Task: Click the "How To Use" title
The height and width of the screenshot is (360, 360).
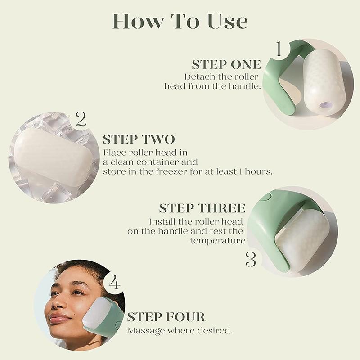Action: pyautogui.click(x=180, y=21)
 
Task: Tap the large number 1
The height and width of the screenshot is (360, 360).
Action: pyautogui.click(x=279, y=49)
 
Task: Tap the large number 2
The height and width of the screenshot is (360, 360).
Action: pyautogui.click(x=81, y=120)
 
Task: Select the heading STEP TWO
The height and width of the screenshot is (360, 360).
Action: pyautogui.click(x=139, y=139)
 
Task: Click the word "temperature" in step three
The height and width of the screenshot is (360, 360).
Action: pyautogui.click(x=217, y=241)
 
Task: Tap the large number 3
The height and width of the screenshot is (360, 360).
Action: pyautogui.click(x=251, y=260)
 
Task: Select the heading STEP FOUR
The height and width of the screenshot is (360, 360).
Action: pyautogui.click(x=166, y=317)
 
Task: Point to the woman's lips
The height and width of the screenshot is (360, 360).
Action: pyautogui.click(x=60, y=319)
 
